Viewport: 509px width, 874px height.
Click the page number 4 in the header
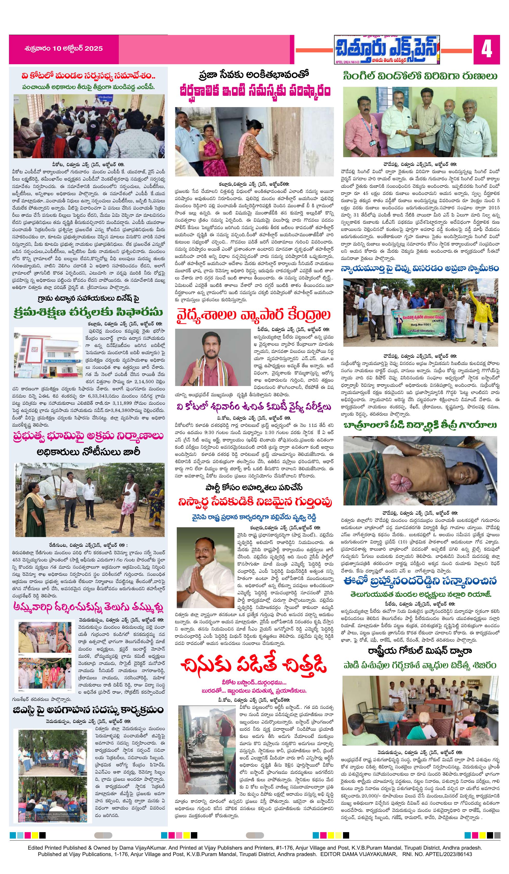pyautogui.click(x=486, y=50)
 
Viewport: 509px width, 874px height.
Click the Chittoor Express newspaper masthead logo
pyautogui.click(x=387, y=49)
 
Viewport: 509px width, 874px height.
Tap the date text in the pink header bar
pyautogui.click(x=64, y=48)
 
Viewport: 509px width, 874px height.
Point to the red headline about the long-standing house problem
pyautogui.click(x=255, y=91)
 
